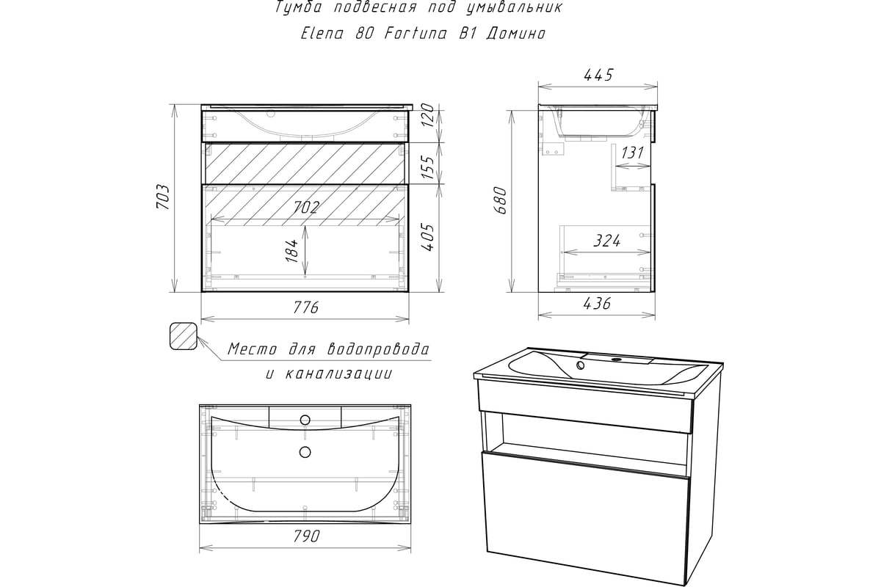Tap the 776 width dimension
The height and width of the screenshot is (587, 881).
coord(305,307)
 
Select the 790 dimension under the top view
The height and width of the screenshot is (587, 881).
coord(306,536)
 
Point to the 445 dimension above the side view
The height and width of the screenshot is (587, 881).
coord(598,75)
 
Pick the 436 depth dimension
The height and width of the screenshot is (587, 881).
coord(597,303)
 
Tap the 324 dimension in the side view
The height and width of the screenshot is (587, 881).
coord(607,241)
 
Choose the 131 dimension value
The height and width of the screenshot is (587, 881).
coord(632,152)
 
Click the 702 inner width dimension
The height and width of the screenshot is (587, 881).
coord(305,207)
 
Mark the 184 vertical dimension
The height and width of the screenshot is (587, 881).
coord(293,251)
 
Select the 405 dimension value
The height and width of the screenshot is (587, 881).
coord(429,238)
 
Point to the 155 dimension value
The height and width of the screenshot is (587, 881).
coord(429,167)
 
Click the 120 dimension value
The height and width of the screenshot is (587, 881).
coord(429,114)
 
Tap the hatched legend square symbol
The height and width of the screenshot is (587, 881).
coord(183,336)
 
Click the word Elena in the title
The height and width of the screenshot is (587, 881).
coord(322,34)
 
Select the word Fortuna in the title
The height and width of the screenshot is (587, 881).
coord(416,34)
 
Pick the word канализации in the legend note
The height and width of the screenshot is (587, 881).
coord(338,373)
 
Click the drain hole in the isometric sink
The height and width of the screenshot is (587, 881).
coord(581,365)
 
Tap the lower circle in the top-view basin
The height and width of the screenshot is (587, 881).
coord(305,452)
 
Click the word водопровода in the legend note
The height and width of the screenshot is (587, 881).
coord(378,349)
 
